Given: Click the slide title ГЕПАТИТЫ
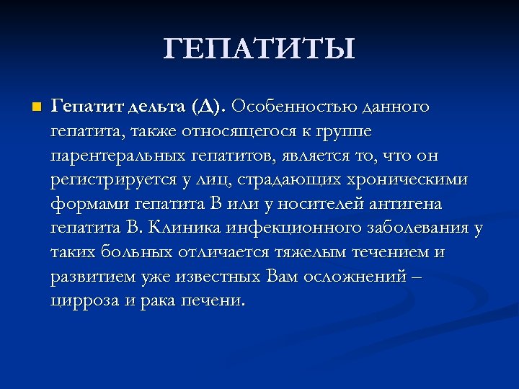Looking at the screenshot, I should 259,49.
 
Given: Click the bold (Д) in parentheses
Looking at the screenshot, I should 209,107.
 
